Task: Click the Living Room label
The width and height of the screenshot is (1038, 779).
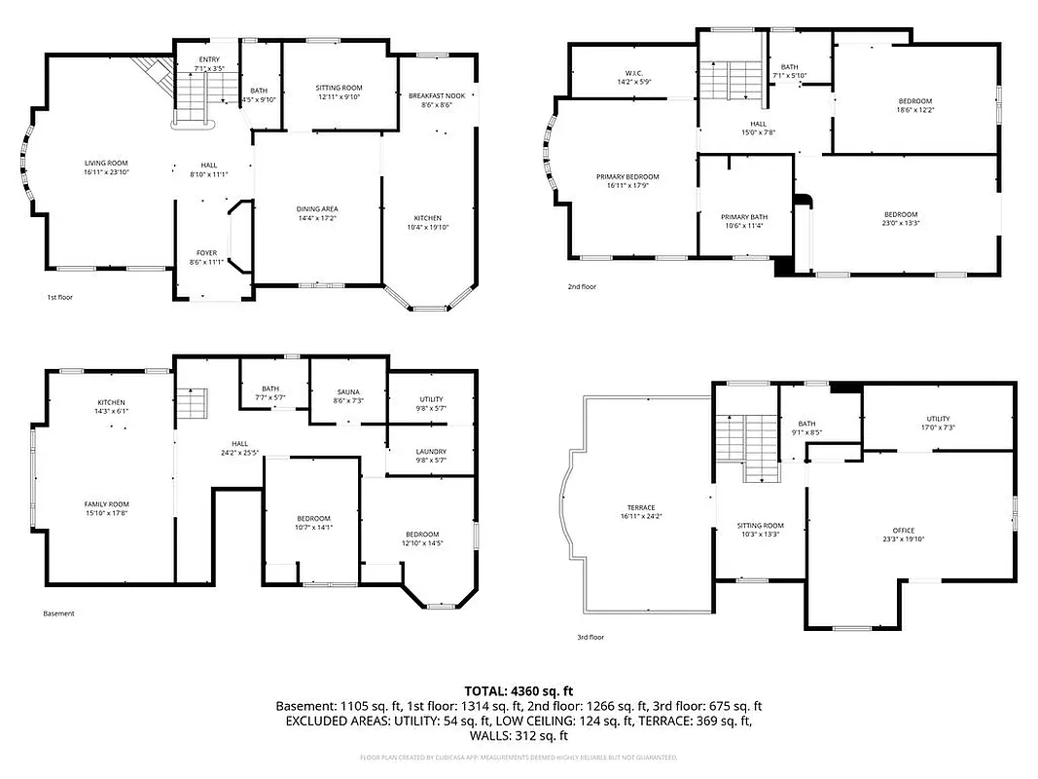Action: coord(106,164)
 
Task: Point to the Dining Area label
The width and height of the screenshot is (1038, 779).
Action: coord(317,209)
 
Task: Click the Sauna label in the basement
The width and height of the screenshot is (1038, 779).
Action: coord(347,391)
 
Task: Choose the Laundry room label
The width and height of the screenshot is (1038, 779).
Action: coord(431,452)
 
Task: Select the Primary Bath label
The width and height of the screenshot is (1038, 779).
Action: coord(744,217)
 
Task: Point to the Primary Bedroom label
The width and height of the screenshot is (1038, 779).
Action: coord(627,177)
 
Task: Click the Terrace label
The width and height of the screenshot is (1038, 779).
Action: coord(640,507)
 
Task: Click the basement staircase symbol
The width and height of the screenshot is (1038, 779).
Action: coord(193,402)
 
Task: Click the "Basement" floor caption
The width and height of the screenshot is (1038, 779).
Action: coord(58,613)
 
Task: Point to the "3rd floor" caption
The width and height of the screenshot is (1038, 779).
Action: coord(591,637)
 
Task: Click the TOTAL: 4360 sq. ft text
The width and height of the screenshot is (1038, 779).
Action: coord(519,688)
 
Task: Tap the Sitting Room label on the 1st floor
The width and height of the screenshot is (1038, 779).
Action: coord(339,88)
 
